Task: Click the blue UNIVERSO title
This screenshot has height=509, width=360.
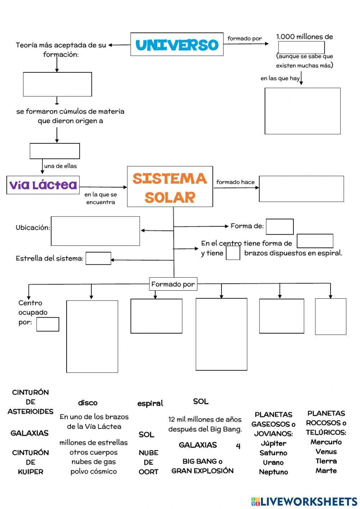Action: coord(177,45)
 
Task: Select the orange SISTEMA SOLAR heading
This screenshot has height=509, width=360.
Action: coord(170,187)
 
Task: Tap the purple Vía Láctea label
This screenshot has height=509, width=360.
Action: coord(43,185)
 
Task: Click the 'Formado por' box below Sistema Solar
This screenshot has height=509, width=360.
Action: coord(173,284)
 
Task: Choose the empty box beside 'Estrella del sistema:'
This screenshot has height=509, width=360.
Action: coord(98,258)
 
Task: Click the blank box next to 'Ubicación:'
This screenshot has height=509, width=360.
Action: coord(95,231)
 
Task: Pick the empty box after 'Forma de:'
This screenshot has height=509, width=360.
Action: coord(280,227)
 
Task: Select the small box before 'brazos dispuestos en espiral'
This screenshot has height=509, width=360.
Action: coord(233,253)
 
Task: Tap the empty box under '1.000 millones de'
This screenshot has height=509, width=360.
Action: coord(301,48)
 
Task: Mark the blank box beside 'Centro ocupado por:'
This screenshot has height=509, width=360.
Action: coord(48,324)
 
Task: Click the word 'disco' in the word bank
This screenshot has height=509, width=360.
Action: coord(88,403)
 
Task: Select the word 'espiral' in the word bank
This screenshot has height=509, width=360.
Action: coord(150,403)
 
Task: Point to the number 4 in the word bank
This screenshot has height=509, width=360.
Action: coord(238,446)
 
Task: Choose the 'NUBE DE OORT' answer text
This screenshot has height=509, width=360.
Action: coord(148,462)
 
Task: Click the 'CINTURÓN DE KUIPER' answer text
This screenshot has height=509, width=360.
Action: coord(31,462)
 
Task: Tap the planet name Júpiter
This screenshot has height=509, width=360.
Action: coord(274,443)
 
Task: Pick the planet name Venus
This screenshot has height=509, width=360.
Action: coord(326,452)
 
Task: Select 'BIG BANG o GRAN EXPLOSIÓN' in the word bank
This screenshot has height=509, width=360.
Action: coord(202,466)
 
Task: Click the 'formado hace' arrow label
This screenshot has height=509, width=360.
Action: coord(235,182)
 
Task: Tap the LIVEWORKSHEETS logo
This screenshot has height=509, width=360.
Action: coord(304,501)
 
